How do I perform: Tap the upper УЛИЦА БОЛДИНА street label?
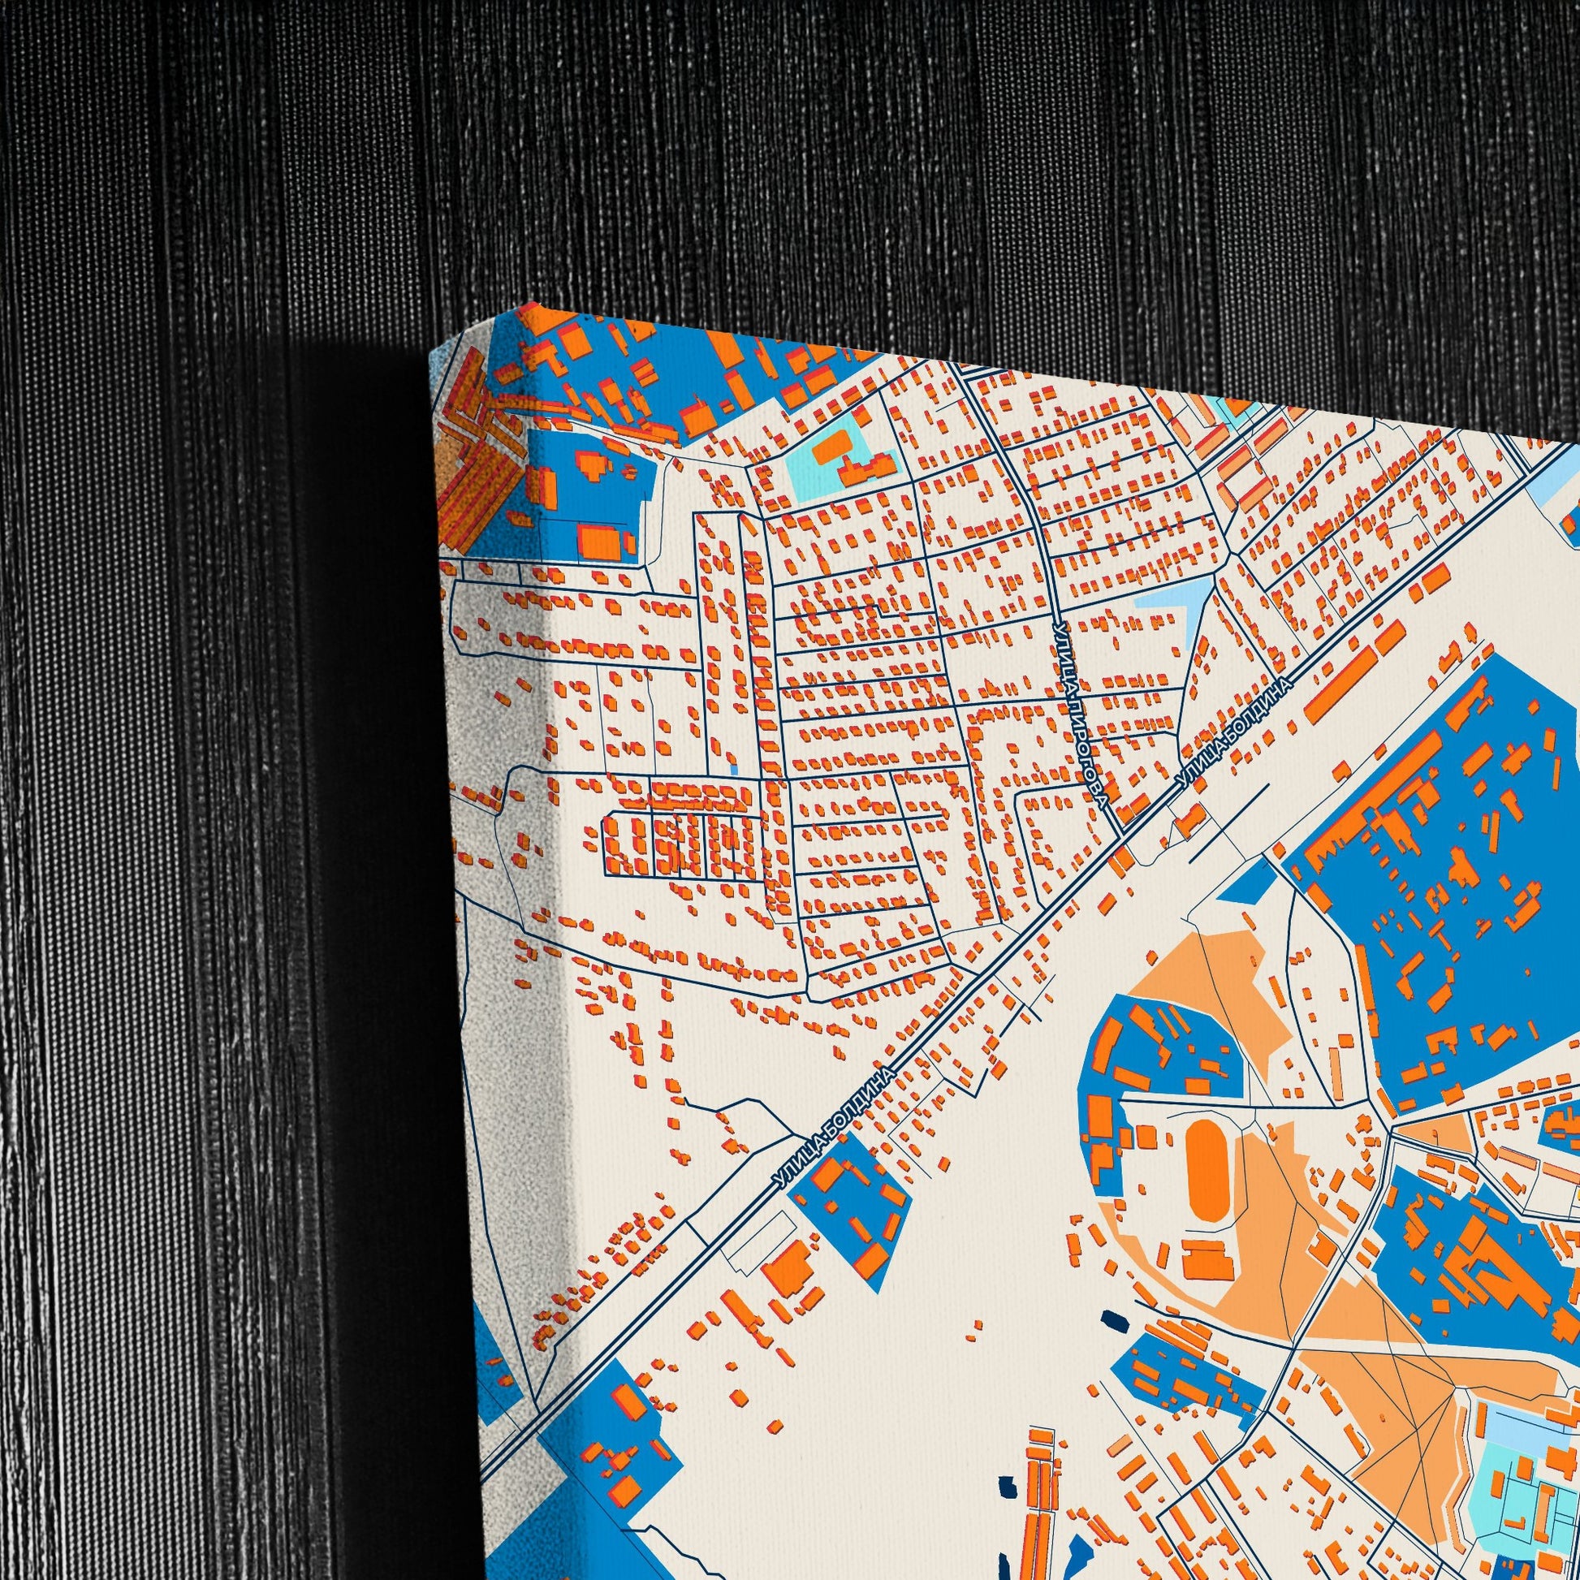click(1236, 736)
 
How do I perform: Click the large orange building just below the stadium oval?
click(1208, 1262)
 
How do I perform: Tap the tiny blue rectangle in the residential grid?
click(734, 769)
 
